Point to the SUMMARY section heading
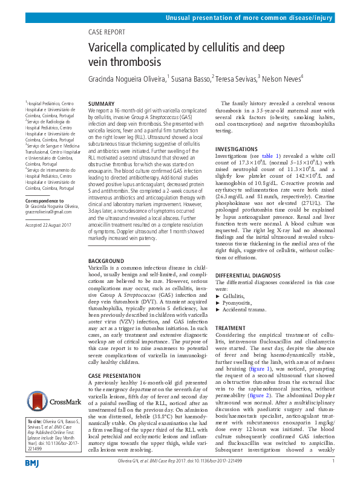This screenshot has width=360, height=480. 101,105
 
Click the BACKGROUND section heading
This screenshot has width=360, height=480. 106,261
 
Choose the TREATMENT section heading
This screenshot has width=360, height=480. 231,328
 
